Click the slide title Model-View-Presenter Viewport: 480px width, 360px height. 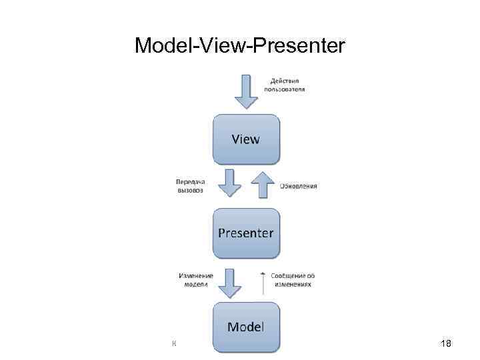pos(240,46)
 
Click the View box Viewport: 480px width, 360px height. pos(246,139)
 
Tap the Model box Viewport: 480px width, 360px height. pos(246,327)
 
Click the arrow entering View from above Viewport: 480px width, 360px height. pos(246,91)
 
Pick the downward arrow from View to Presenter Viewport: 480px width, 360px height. pos(230,183)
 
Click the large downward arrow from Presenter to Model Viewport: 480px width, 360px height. pos(230,282)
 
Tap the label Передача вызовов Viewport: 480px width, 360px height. pos(191,185)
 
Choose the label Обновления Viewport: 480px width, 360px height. pos(298,185)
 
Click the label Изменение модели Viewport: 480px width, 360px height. pos(196,279)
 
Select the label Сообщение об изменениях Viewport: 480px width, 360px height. pos(293,279)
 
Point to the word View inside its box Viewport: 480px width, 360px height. pos(246,139)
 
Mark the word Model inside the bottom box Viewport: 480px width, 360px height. pos(246,327)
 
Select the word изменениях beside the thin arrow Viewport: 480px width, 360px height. pos(293,284)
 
